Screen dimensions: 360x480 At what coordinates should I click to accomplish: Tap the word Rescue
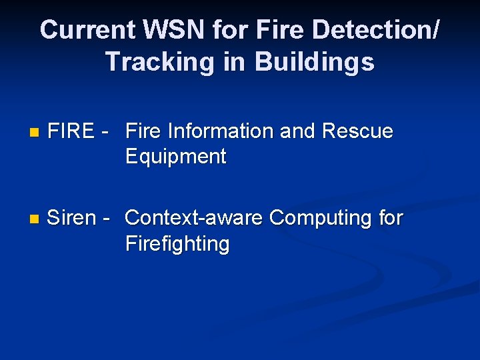pos(357,131)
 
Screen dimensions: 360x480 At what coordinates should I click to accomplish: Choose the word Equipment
pos(176,157)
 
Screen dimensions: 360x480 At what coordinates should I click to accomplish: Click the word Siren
pos(71,218)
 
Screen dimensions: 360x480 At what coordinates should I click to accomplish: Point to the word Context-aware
pos(195,218)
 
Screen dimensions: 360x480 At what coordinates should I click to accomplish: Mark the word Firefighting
pos(177,243)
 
